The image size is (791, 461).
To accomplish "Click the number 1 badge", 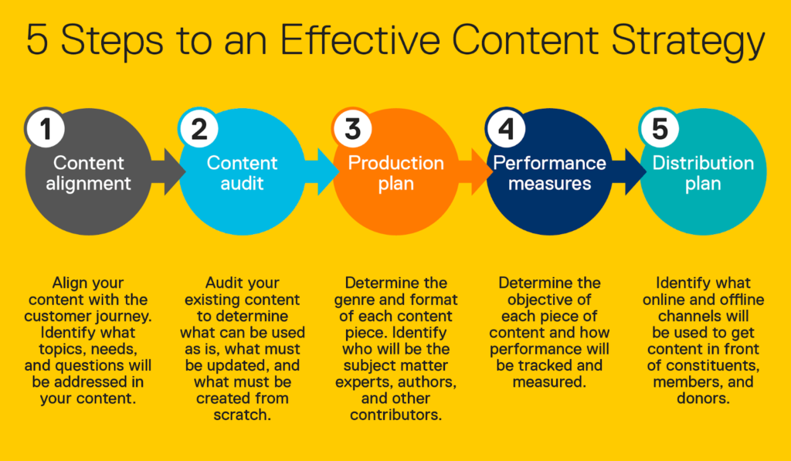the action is click(46, 128).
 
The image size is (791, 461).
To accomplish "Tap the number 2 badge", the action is click(199, 128).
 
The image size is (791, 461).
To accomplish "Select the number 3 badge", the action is click(352, 128).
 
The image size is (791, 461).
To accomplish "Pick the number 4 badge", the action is click(505, 128).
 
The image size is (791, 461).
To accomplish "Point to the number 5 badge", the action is click(659, 128).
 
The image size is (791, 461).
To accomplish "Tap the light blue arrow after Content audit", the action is click(322, 171).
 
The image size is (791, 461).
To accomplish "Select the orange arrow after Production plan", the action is click(475, 171).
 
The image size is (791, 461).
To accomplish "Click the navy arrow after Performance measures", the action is click(629, 171).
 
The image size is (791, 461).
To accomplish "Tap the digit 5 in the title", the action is click(37, 39).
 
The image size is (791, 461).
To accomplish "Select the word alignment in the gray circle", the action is click(88, 184).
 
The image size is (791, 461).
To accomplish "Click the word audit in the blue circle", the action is click(242, 183).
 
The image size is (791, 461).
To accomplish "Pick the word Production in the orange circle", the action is click(396, 163).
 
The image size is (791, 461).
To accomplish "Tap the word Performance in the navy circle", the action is click(549, 163).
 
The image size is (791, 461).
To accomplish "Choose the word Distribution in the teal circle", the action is click(703, 163).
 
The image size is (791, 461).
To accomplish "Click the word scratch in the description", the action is click(242, 415).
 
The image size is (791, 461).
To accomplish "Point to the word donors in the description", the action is click(703, 398).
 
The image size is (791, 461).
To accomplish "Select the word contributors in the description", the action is click(396, 415).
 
